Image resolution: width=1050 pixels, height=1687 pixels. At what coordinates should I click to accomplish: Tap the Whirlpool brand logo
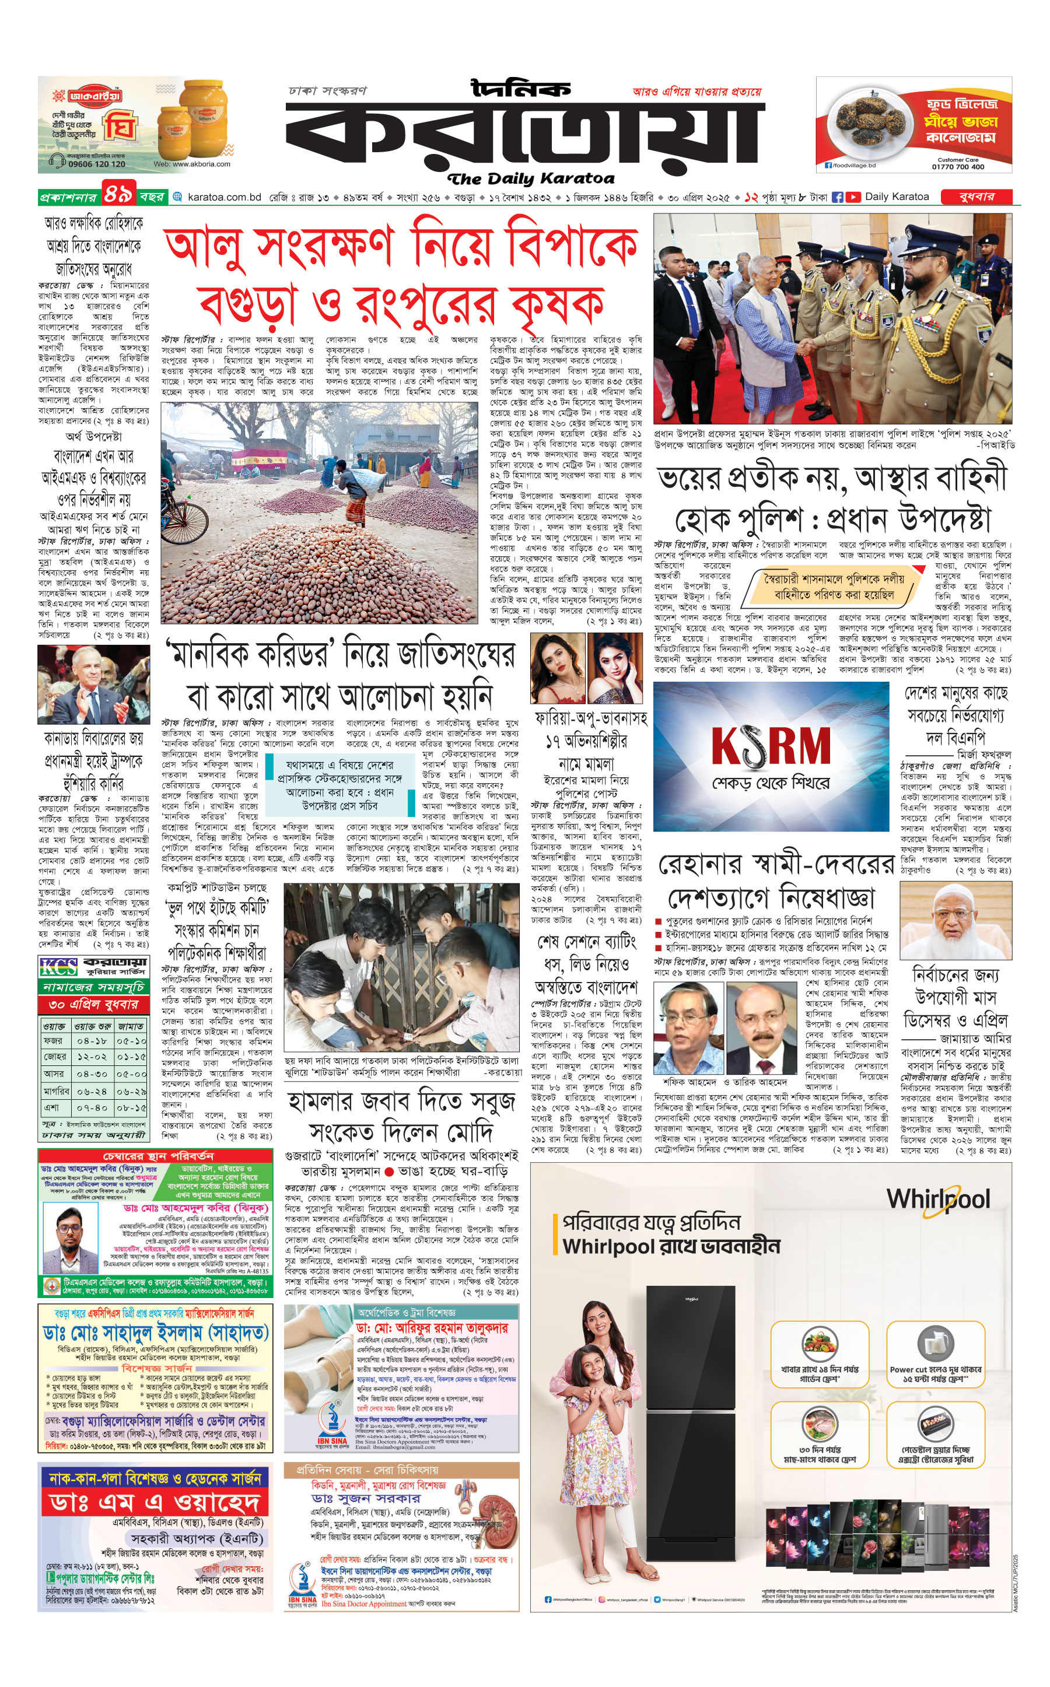(937, 1200)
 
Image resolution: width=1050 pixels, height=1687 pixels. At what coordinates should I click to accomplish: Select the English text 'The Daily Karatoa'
(531, 179)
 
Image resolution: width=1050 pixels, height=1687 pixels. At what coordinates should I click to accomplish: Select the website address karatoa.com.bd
(223, 197)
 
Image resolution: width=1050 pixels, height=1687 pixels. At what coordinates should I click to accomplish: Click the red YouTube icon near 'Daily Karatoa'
(853, 197)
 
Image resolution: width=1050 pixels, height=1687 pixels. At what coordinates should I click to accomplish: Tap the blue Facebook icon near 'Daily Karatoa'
(838, 197)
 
